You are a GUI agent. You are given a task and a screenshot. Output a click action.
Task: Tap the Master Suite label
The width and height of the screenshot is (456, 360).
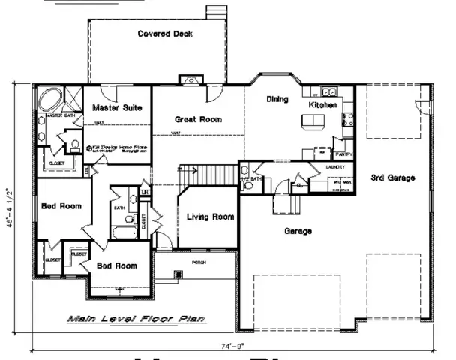click(x=117, y=109)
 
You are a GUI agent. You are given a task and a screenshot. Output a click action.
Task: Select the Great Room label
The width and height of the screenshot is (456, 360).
click(x=197, y=119)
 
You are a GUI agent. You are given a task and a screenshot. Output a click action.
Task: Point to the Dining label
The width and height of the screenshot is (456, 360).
click(x=277, y=98)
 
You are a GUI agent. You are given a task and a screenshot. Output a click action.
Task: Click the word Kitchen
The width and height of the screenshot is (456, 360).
click(x=322, y=106)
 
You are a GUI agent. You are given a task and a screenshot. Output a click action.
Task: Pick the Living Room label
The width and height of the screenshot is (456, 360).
click(x=210, y=217)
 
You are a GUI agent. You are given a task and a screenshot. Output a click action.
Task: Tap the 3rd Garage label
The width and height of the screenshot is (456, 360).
click(x=393, y=178)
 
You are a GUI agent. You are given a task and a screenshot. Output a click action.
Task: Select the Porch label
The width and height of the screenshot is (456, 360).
click(x=199, y=262)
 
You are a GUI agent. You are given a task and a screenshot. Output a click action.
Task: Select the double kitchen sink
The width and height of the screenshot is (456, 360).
click(x=328, y=91)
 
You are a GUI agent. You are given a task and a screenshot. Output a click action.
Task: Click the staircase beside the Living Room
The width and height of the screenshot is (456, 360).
click(x=197, y=177)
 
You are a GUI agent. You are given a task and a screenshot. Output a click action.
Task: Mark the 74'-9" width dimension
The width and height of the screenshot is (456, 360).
click(x=228, y=347)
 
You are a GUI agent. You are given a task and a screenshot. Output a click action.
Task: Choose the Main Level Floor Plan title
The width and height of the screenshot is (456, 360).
click(x=136, y=319)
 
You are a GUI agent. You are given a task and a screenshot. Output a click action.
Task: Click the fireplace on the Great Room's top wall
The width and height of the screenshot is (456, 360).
click(x=187, y=79)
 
